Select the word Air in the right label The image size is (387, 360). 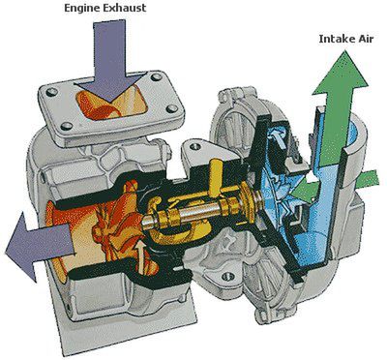tap(365, 39)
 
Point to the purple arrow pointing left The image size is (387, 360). tap(39, 246)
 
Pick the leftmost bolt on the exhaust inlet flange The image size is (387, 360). tap(50, 92)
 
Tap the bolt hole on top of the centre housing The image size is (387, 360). tap(194, 147)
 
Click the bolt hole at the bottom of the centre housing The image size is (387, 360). tap(228, 276)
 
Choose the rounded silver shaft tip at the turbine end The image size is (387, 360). tap(147, 223)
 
